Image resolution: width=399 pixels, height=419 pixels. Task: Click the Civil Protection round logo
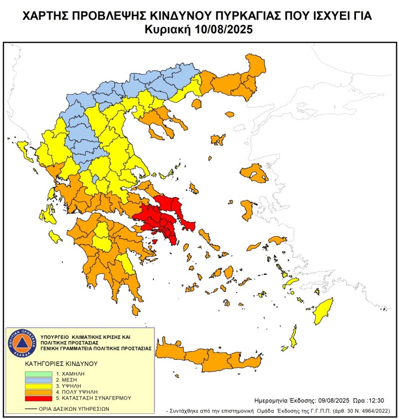(x=20, y=344)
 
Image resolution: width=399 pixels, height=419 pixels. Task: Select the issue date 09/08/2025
(x=335, y=400)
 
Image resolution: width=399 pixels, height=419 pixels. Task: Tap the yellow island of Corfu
(x=21, y=148)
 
